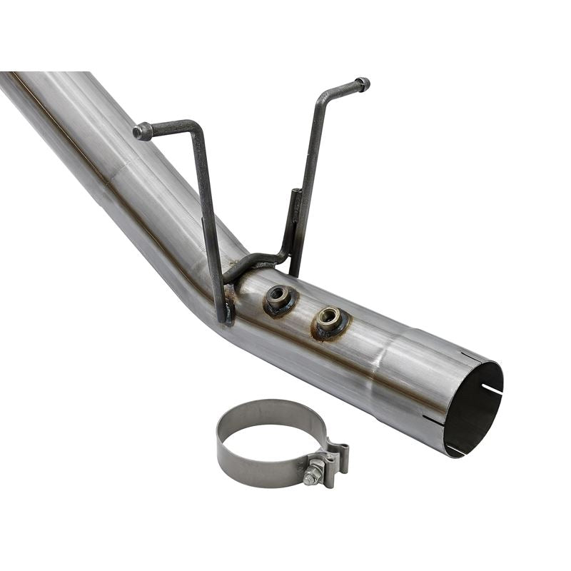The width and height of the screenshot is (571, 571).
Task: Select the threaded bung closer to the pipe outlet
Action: (x=328, y=318)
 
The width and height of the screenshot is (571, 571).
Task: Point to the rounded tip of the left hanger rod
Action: (x=140, y=131)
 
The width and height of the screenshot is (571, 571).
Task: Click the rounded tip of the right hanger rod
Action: (x=363, y=84)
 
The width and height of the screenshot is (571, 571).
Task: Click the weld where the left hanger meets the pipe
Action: (x=227, y=310)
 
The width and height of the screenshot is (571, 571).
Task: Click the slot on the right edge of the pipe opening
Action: (x=492, y=389)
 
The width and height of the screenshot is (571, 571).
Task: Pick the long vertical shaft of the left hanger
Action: (x=208, y=214)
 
